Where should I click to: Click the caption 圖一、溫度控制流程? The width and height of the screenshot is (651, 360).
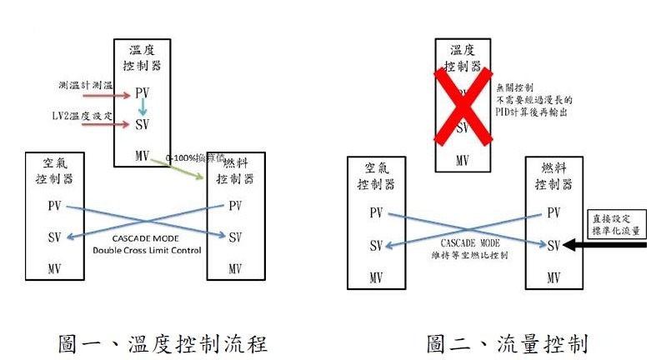[x=163, y=342]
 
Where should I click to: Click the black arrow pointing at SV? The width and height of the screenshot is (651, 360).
[x=611, y=244]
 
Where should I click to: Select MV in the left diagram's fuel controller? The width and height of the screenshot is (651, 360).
[x=235, y=269]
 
